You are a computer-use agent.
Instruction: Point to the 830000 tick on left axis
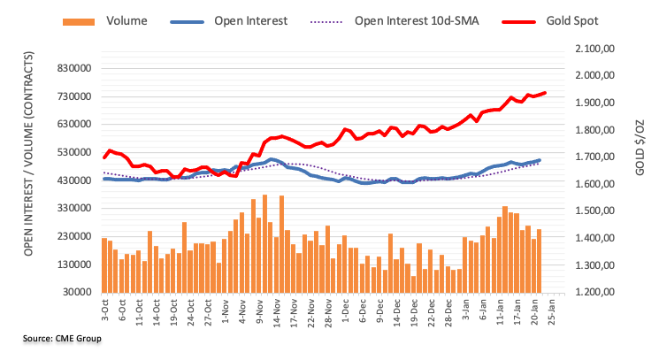73,68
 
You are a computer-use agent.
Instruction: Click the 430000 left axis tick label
73,180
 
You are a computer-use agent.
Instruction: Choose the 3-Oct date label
105,311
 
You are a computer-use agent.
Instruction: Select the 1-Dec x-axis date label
344,311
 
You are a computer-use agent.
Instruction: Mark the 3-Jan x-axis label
464,311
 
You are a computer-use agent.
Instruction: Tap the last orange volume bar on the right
539,260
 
